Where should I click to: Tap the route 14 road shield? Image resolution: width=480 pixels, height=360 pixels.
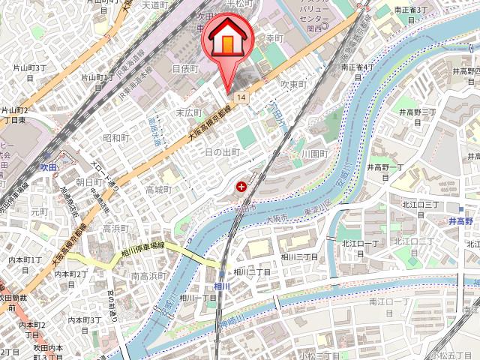pos(240,98)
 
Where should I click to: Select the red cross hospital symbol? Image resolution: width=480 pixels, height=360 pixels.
pos(241,185)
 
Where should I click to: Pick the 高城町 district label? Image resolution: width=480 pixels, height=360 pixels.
pos(158,189)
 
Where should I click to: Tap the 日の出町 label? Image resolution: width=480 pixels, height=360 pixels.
pos(222,151)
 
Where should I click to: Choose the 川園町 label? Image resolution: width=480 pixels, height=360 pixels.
pos(315,153)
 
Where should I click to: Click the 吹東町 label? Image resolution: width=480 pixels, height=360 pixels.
pos(294,85)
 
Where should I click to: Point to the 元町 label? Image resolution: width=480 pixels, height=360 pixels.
pos(38,212)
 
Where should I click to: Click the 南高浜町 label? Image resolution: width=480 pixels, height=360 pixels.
pos(149,276)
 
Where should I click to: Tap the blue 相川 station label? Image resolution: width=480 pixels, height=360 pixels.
pos(221,286)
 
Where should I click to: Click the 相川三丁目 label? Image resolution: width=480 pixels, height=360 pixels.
pos(299,256)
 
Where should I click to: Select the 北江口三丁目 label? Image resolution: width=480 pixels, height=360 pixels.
pos(421,204)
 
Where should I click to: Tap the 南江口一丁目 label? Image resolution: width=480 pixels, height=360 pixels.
pos(390,301)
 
